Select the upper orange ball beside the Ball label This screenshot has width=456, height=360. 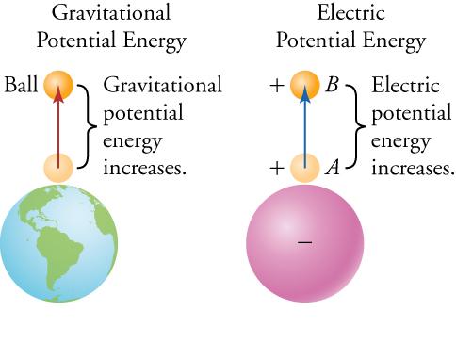point(58,86)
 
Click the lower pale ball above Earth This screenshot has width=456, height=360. point(58,169)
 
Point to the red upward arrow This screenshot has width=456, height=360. point(58,127)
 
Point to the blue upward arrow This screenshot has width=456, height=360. point(305,127)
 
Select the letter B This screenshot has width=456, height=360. point(332,86)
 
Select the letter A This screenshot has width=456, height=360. point(332,170)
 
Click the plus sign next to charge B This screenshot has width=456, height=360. point(276,86)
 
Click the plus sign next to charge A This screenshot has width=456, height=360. point(276,170)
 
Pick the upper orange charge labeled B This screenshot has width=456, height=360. point(305,86)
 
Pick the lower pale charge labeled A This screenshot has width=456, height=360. point(305,169)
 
